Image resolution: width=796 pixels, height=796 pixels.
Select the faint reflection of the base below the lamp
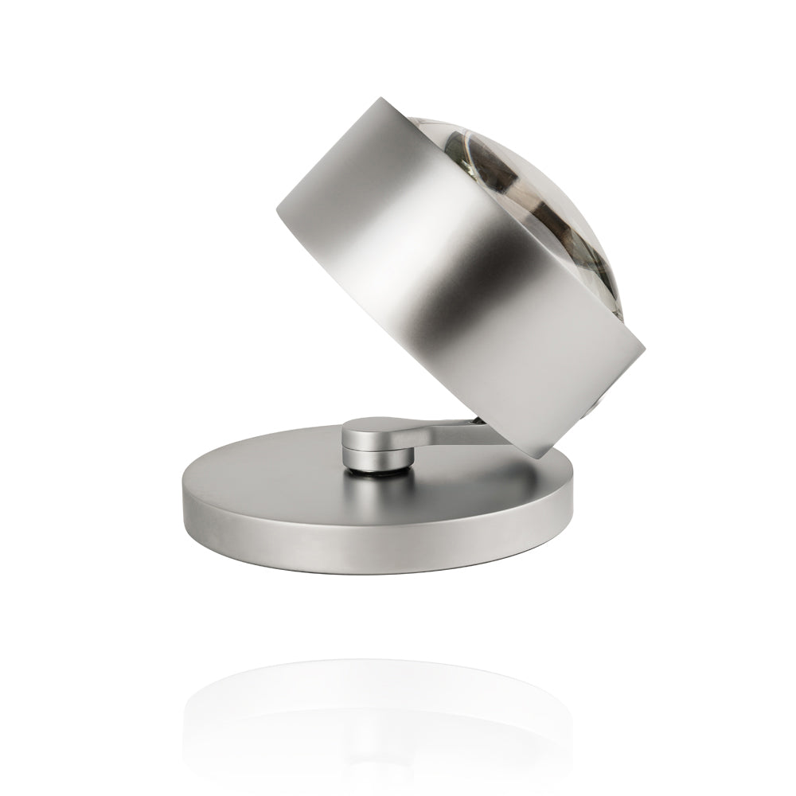point(374,700)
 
